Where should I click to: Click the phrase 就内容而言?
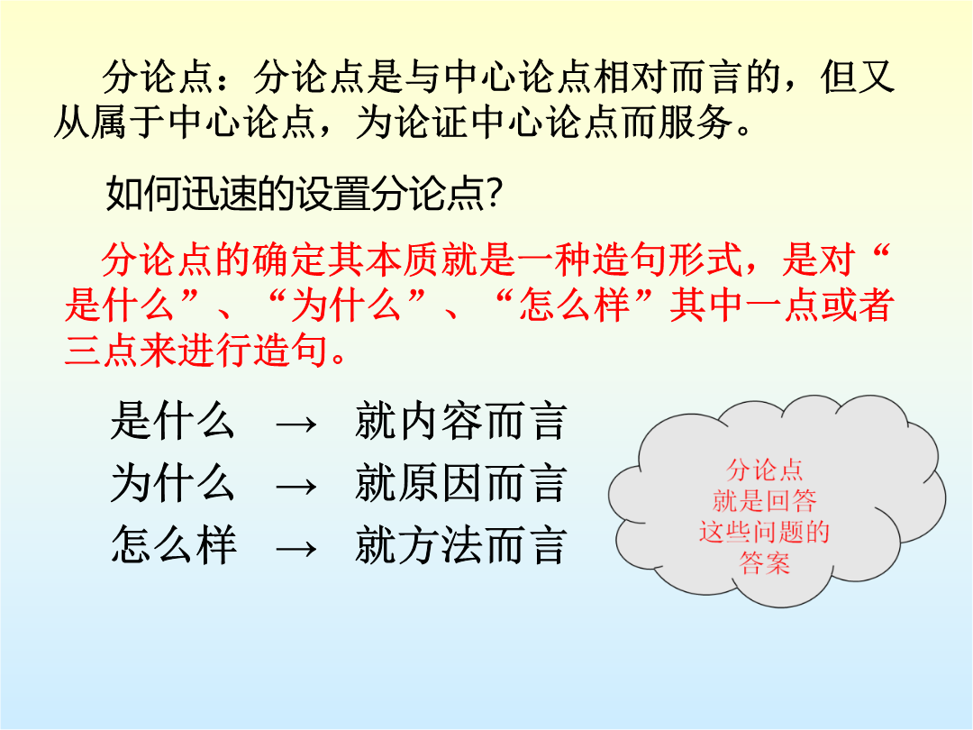(x=461, y=422)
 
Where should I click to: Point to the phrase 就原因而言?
(x=461, y=484)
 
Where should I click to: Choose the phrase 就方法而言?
(x=461, y=545)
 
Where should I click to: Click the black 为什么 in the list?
(x=173, y=484)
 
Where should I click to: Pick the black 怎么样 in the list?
(x=173, y=545)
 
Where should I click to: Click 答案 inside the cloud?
(x=765, y=563)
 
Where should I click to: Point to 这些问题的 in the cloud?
(x=765, y=532)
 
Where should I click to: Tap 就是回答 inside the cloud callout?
(x=765, y=500)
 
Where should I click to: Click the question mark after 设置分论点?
(x=495, y=194)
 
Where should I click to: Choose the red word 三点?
(x=102, y=350)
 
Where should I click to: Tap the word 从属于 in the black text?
(x=110, y=121)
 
